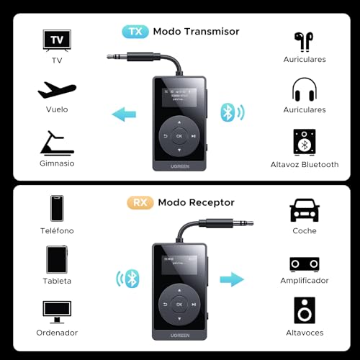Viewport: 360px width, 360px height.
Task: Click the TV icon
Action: [57, 40]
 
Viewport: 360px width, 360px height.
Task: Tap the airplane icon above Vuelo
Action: [57, 91]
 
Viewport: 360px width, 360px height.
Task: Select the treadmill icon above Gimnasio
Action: [57, 142]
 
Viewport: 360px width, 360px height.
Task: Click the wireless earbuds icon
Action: [305, 40]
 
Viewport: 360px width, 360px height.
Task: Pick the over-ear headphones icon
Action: [305, 90]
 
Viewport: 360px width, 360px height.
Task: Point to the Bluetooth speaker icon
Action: [305, 142]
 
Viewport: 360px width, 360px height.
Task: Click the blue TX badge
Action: [135, 32]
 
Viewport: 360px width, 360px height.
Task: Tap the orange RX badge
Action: [140, 203]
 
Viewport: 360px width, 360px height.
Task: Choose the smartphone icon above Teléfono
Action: [57, 208]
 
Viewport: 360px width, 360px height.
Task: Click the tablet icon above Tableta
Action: [57, 259]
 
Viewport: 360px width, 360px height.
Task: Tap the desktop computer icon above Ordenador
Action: [57, 311]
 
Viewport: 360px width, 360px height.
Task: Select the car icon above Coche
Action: [305, 210]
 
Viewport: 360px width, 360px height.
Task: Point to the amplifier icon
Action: [305, 263]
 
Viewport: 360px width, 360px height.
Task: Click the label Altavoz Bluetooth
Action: [305, 165]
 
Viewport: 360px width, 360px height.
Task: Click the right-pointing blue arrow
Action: [231, 279]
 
